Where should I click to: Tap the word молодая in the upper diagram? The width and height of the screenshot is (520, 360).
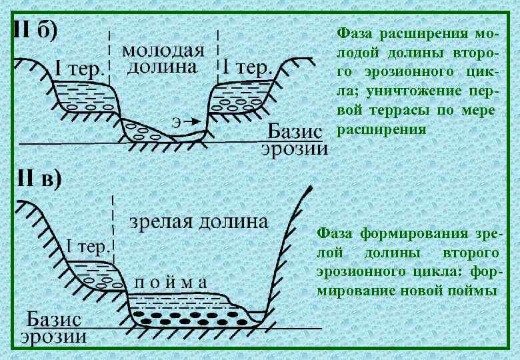click(x=163, y=51)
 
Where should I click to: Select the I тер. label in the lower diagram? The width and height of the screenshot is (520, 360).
click(x=87, y=248)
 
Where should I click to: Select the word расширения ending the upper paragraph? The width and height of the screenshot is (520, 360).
click(x=381, y=129)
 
